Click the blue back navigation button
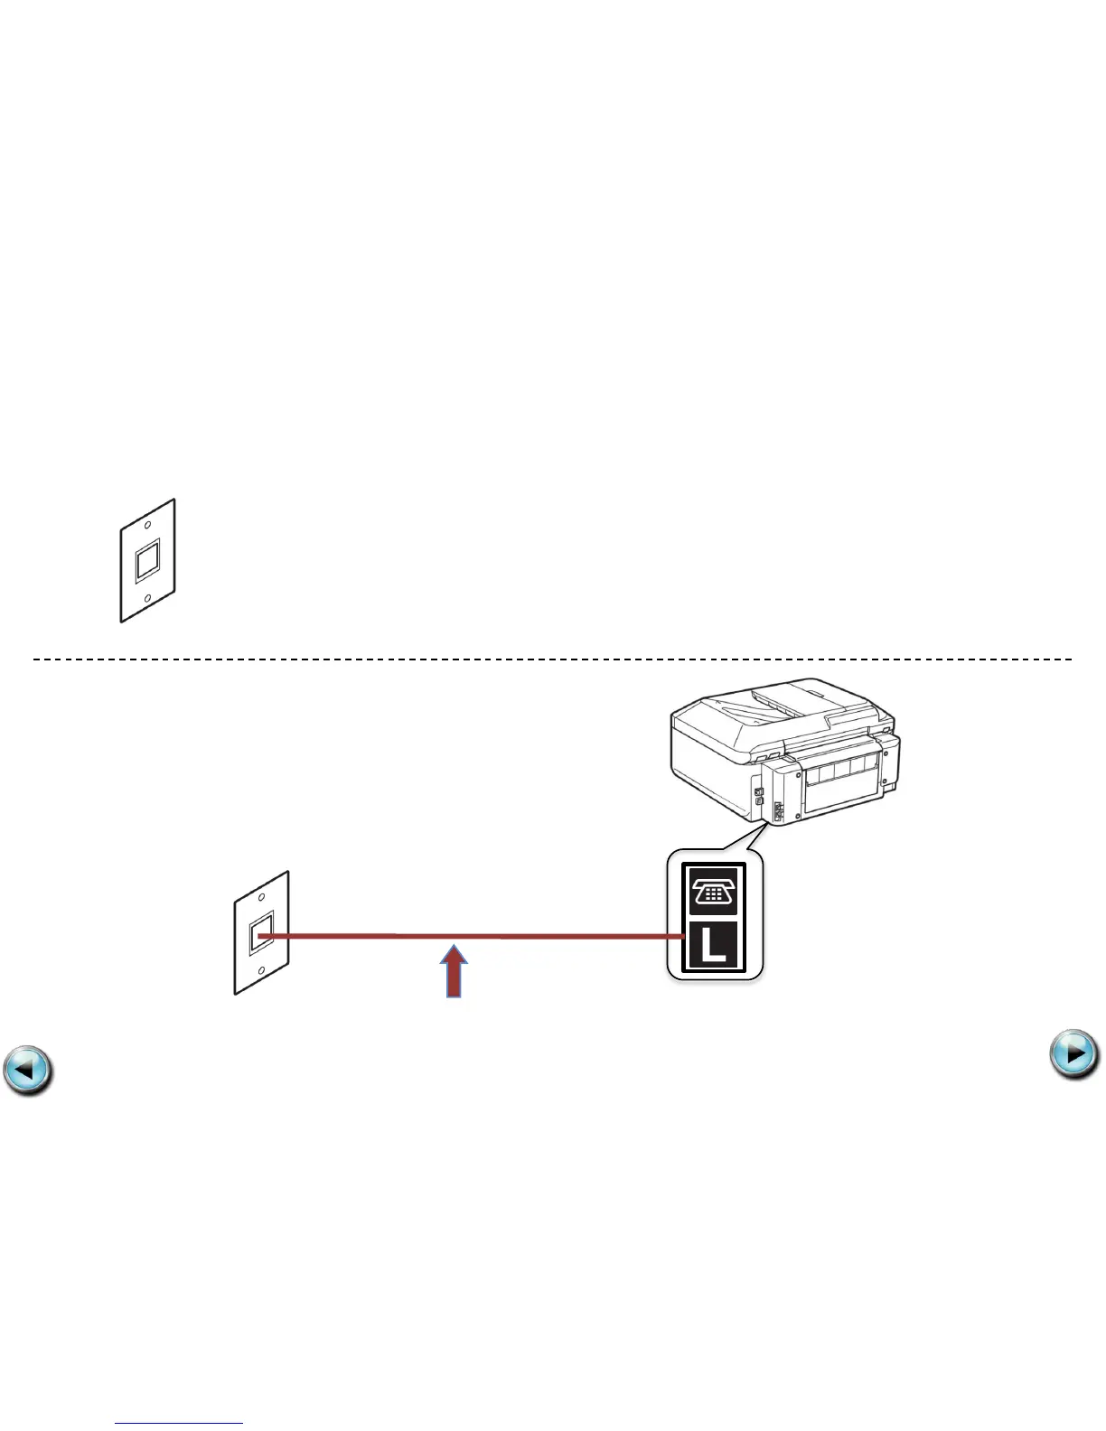(x=27, y=1071)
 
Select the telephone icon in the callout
(x=714, y=893)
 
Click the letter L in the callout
(x=714, y=946)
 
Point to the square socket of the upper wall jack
(x=147, y=561)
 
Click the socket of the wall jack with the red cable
(x=260, y=935)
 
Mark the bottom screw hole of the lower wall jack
(x=261, y=973)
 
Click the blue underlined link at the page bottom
(x=179, y=1423)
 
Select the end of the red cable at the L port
(x=680, y=937)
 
